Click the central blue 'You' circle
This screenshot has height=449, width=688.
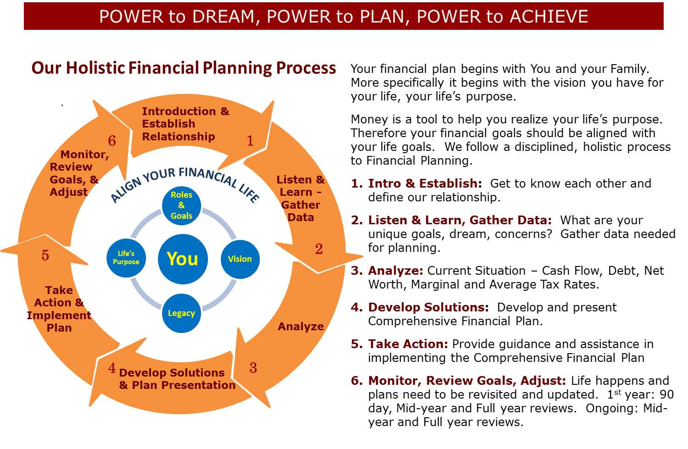[x=183, y=259]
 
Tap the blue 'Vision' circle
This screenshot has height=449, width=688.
[x=240, y=259]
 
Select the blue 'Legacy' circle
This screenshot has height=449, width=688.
[x=181, y=313]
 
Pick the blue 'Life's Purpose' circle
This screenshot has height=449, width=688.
[x=126, y=258]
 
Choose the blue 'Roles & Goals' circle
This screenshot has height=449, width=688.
[x=181, y=205]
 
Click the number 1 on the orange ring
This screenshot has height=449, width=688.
[x=250, y=140]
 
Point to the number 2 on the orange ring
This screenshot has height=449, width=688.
[x=319, y=249]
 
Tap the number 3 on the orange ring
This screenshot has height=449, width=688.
[x=253, y=367]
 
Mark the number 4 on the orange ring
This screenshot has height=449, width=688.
[x=112, y=367]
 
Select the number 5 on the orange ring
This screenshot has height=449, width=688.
[x=45, y=255]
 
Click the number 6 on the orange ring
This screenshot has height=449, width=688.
[x=112, y=140]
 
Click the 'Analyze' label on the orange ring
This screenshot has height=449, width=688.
[x=301, y=327]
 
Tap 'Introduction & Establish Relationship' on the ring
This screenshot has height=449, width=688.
[x=185, y=124]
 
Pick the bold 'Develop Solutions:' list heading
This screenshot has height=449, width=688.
[x=429, y=307]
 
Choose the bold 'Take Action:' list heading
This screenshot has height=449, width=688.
[x=408, y=344]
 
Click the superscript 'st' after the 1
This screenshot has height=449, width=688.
[x=618, y=392]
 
